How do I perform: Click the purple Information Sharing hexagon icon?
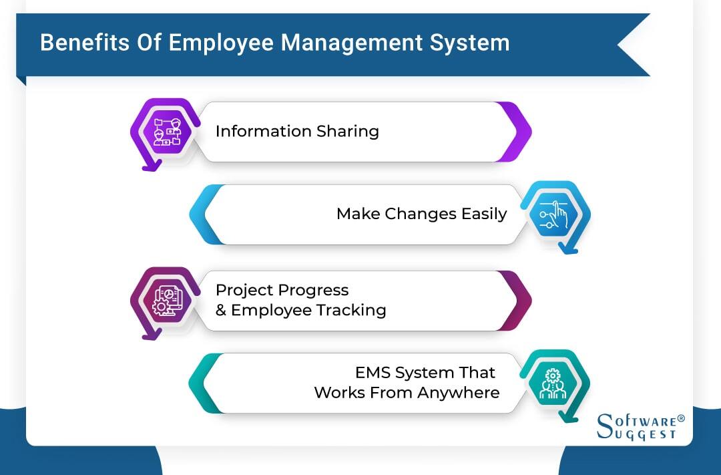[163, 132]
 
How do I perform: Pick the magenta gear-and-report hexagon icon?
[163, 301]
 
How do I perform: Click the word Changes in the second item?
[421, 214]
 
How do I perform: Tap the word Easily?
[484, 214]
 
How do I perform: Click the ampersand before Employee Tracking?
[221, 311]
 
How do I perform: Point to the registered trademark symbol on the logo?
[681, 419]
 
